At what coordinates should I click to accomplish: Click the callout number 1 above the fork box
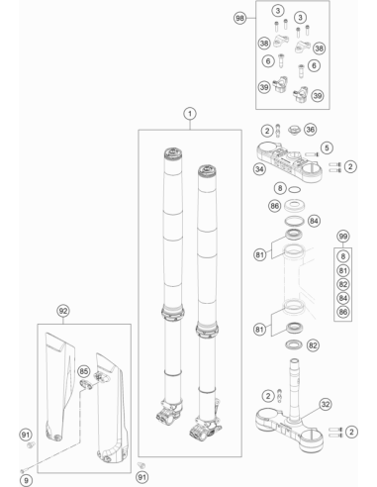[x=190, y=114]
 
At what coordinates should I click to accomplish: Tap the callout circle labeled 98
[x=239, y=18]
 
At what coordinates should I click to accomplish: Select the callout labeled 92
[x=63, y=311]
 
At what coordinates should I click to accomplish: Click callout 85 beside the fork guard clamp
[x=84, y=371]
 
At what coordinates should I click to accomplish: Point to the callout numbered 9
[x=27, y=480]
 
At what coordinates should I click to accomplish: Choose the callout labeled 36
[x=310, y=130]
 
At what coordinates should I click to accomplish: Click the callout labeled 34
[x=259, y=169]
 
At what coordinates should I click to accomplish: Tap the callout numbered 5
[x=327, y=147]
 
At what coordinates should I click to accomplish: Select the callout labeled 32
[x=326, y=404]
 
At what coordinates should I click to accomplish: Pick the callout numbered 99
[x=343, y=237]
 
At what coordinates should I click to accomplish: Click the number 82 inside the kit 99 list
[x=343, y=284]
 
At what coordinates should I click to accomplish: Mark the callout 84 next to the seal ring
[x=314, y=221]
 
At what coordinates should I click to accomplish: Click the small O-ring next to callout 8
[x=294, y=190]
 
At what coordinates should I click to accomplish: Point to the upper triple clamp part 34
[x=289, y=162]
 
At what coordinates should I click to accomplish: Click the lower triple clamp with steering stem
[x=289, y=419]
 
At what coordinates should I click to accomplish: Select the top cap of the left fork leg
[x=173, y=153]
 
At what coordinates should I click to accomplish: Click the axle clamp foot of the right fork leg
[x=205, y=429]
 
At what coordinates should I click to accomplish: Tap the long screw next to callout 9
[x=51, y=457]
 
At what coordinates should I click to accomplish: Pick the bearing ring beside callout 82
[x=294, y=344]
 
